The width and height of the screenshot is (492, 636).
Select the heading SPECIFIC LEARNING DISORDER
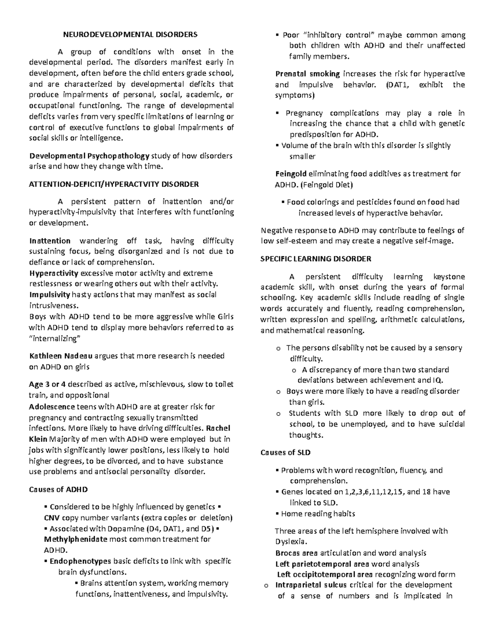click(316, 259)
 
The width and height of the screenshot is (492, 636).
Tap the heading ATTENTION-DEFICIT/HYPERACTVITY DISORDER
click(114, 184)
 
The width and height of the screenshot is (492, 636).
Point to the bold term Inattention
click(50, 241)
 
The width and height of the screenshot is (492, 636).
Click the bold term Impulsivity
click(49, 295)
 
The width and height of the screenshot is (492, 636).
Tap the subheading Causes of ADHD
click(58, 489)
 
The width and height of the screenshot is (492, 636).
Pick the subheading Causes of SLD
click(285, 453)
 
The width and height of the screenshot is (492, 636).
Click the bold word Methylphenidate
click(75, 539)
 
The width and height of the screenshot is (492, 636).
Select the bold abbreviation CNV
click(52, 518)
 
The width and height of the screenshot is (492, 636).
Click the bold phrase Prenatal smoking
click(307, 74)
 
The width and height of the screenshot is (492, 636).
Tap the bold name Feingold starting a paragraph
click(291, 174)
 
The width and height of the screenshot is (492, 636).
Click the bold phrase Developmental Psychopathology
click(89, 156)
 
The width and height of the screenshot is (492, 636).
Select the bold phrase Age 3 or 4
click(47, 385)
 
